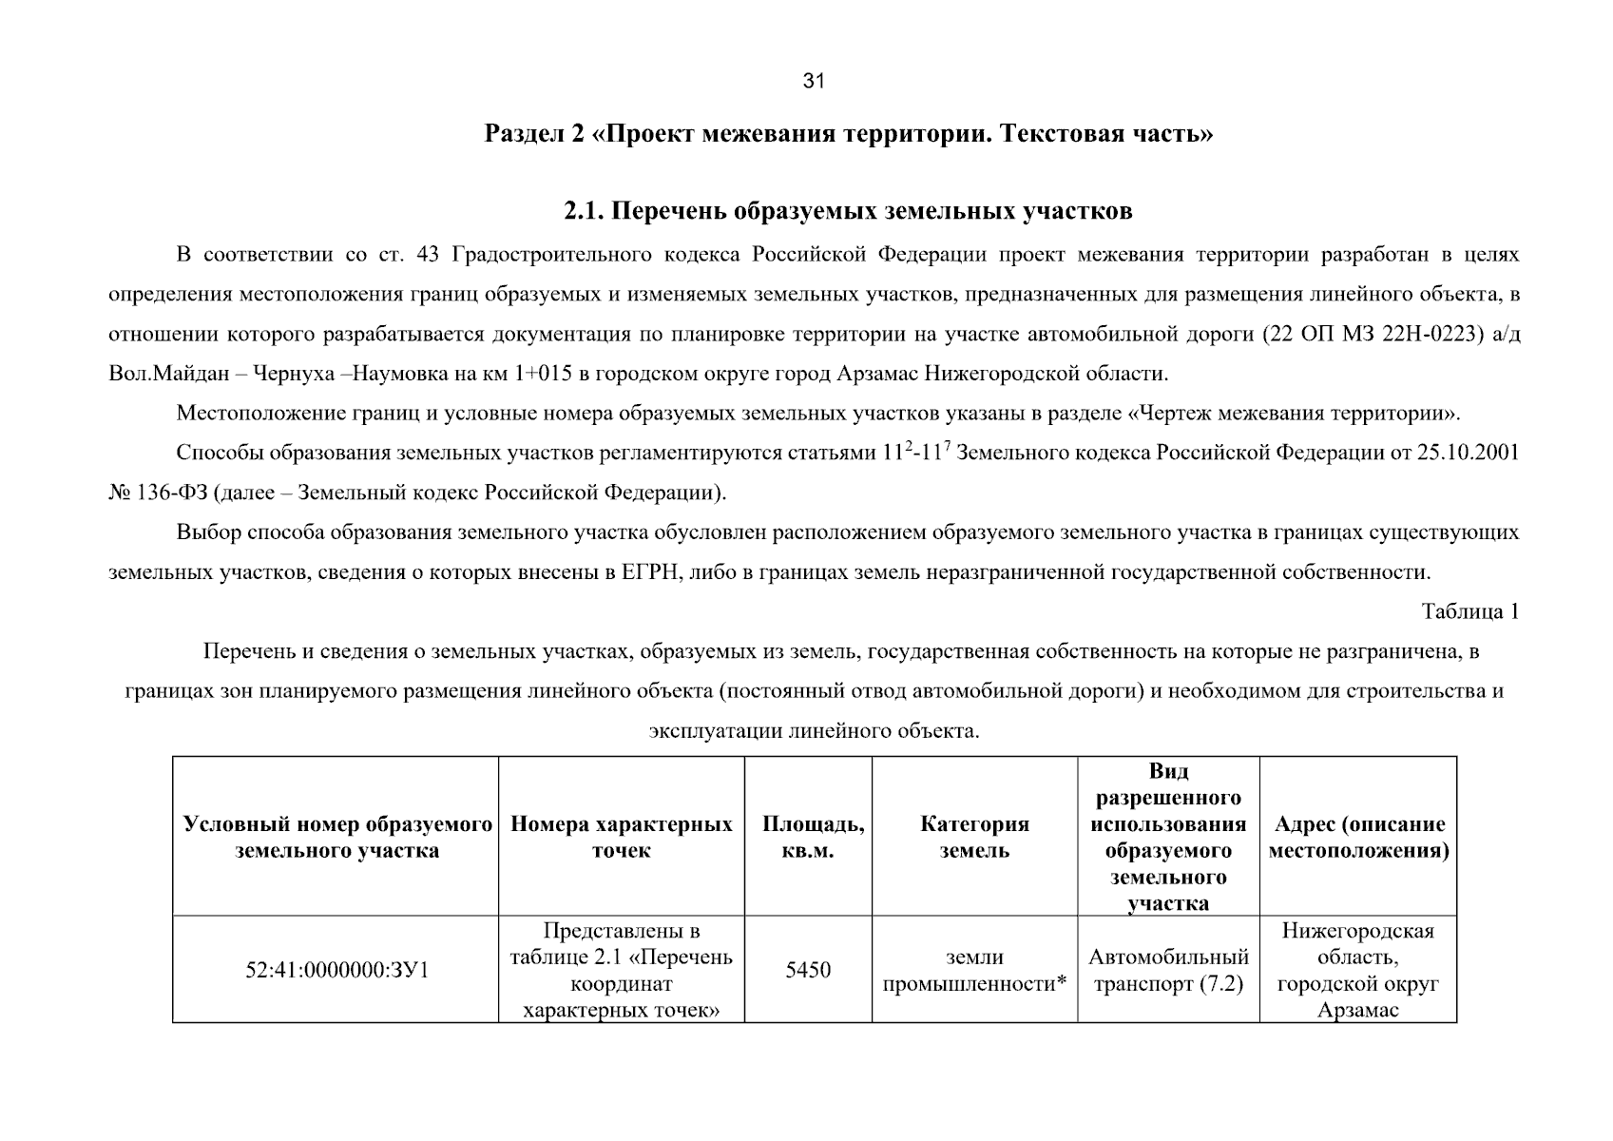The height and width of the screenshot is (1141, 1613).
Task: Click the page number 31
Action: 814,81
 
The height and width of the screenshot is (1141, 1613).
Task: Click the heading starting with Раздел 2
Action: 849,134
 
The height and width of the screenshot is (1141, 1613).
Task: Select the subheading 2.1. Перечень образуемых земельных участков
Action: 848,211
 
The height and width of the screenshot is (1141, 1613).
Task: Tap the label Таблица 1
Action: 1469,611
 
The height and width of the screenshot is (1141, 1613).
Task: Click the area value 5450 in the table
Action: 808,970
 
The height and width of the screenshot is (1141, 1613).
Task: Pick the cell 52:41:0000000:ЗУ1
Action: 336,971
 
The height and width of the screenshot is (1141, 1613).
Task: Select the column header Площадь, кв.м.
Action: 814,837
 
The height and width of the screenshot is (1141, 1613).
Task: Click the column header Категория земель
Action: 974,837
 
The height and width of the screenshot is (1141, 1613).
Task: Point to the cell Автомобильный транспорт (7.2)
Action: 1168,970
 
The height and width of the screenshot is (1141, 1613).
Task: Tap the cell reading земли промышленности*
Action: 974,970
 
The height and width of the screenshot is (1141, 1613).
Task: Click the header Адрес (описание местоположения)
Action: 1358,837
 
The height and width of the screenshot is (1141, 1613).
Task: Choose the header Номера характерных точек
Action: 622,837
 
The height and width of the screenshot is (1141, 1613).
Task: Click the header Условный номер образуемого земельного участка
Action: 336,837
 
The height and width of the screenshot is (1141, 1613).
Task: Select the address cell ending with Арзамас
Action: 1358,970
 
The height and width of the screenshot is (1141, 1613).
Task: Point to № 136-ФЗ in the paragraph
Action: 157,493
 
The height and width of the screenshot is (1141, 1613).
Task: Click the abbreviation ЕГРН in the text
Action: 648,572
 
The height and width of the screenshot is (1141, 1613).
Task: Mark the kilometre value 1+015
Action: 543,374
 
